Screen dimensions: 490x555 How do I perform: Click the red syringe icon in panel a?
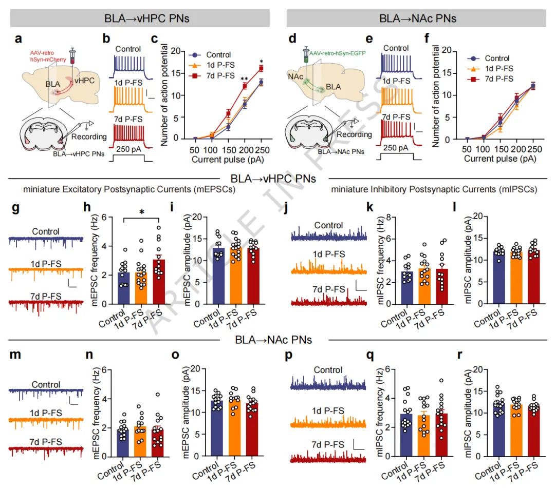(x=72, y=55)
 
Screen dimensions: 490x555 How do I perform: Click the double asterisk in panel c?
(x=246, y=79)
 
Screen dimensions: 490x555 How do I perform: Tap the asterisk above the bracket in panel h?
(x=140, y=212)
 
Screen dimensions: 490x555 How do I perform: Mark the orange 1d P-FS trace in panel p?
(x=328, y=424)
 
